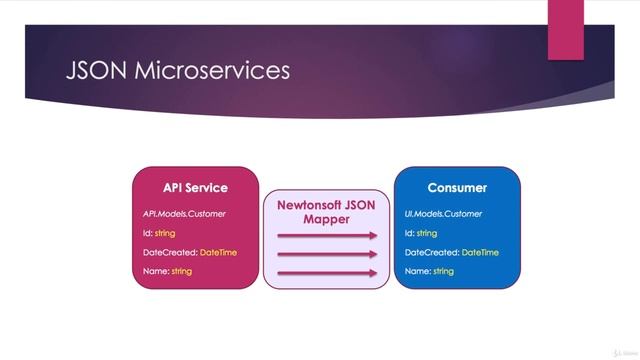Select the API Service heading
tap(195, 188)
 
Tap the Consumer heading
tap(457, 188)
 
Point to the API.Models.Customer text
tap(184, 213)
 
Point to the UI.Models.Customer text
tap(443, 213)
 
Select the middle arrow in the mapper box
tap(326, 254)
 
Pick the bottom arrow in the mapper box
tap(326, 272)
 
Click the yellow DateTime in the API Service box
tap(218, 252)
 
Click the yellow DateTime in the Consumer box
tap(479, 252)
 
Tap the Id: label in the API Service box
tap(148, 233)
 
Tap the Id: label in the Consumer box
tap(409, 233)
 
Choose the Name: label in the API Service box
tap(155, 271)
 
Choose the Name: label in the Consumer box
tap(417, 271)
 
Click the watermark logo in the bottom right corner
tap(612, 349)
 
